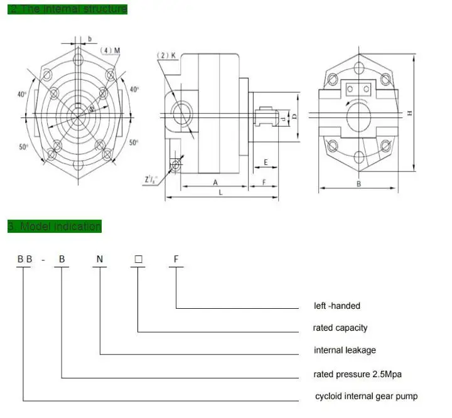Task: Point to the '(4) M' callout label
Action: coord(110,50)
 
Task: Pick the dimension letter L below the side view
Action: coord(220,193)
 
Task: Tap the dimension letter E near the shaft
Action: coord(266,163)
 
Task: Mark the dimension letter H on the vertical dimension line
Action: coord(409,113)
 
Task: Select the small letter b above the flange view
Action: coord(90,39)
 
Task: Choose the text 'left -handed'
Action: coord(337,306)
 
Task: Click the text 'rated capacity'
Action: coord(340,328)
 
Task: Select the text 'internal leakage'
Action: coord(345,350)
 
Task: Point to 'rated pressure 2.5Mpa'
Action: coord(357,374)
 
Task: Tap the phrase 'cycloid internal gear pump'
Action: coord(365,396)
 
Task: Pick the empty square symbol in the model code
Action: coord(138,258)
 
